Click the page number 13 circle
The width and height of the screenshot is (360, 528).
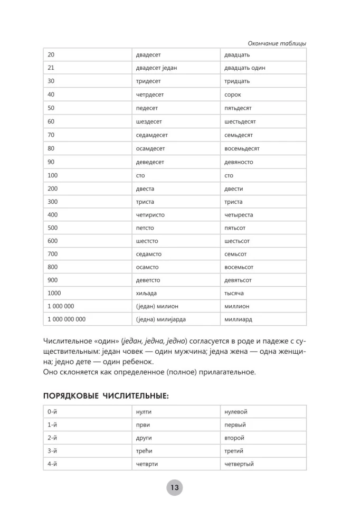(x=175, y=487)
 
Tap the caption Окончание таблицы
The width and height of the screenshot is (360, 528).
(x=277, y=43)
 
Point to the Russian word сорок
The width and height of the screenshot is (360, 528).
(x=232, y=95)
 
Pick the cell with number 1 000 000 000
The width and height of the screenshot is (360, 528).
(x=67, y=319)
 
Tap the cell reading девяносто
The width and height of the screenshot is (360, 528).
(x=239, y=162)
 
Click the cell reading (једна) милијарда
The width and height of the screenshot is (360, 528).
(x=160, y=319)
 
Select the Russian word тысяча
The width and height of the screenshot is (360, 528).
(x=235, y=293)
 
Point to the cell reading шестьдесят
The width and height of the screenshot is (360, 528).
(x=240, y=121)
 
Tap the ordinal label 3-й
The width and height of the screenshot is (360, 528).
(x=52, y=451)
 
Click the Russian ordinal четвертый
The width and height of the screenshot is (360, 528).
(x=239, y=464)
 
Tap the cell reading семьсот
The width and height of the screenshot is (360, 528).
(x=235, y=254)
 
